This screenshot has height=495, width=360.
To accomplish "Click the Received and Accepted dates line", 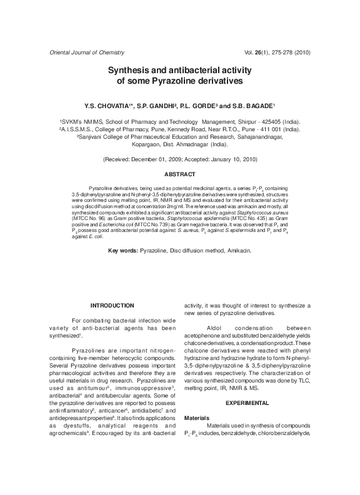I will coord(179,161).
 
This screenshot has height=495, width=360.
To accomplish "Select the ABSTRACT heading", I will coord(179,174).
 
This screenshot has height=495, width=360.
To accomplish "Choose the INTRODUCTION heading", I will coord(112,305).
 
